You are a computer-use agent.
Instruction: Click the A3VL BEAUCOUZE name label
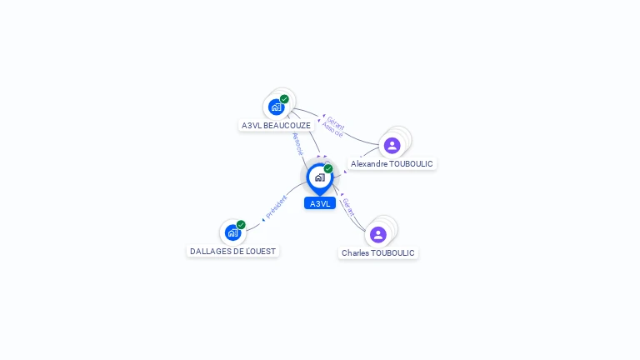[276, 126]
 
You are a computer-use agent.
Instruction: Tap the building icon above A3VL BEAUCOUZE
[276, 107]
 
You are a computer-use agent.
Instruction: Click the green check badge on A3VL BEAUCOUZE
[284, 99]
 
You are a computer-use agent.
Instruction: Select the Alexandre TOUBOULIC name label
[392, 164]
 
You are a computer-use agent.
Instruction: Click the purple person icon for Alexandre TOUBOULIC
[392, 146]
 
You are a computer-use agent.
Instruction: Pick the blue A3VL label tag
[320, 203]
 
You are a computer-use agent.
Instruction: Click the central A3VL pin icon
[319, 177]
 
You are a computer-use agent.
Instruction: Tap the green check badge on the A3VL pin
[328, 169]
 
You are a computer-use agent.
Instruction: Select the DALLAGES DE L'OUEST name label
[232, 251]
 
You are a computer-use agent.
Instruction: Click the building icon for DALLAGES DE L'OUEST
[232, 232]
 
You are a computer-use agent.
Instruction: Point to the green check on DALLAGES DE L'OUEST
[241, 225]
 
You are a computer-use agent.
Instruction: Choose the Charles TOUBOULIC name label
[377, 252]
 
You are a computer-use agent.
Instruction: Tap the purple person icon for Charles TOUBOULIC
[378, 234]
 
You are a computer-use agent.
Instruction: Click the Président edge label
[277, 207]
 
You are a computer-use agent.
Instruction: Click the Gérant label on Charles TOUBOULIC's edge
[348, 204]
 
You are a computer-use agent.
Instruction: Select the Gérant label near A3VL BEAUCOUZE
[335, 122]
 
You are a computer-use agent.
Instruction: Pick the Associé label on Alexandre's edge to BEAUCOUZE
[332, 130]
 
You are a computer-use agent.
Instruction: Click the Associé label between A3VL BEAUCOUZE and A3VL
[298, 143]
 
